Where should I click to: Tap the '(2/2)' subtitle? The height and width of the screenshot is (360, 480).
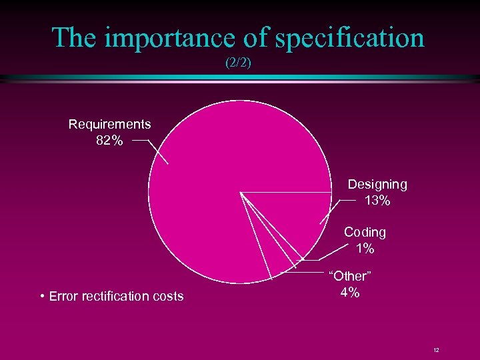(x=239, y=65)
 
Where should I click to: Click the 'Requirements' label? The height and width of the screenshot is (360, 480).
(x=109, y=124)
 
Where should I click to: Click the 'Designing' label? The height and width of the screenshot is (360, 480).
(x=377, y=184)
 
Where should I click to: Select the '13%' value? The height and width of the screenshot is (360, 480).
(x=377, y=201)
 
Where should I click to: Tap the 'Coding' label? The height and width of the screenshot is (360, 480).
(x=365, y=232)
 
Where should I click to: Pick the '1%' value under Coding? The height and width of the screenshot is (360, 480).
(x=365, y=249)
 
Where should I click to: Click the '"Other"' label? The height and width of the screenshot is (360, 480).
(x=349, y=276)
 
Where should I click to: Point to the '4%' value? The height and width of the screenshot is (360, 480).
(x=349, y=293)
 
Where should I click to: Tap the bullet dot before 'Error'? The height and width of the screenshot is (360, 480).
(x=42, y=296)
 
